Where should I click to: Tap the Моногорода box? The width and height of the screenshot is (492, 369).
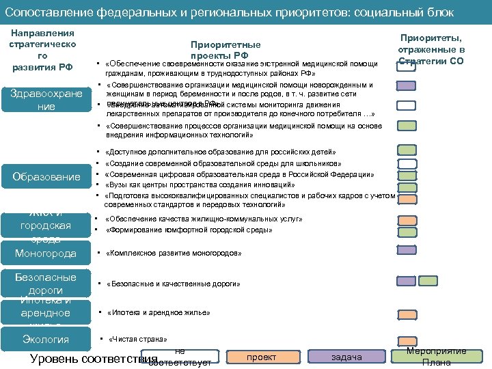[45, 254]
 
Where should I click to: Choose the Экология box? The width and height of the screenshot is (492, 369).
[45, 340]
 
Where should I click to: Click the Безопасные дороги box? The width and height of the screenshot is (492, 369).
[45, 283]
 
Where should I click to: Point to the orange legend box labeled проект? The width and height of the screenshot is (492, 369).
[262, 356]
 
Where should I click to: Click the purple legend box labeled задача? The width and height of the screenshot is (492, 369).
[346, 356]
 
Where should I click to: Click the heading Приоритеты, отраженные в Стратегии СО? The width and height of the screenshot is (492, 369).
[430, 50]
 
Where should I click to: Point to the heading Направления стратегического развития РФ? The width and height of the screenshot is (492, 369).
[42, 50]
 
